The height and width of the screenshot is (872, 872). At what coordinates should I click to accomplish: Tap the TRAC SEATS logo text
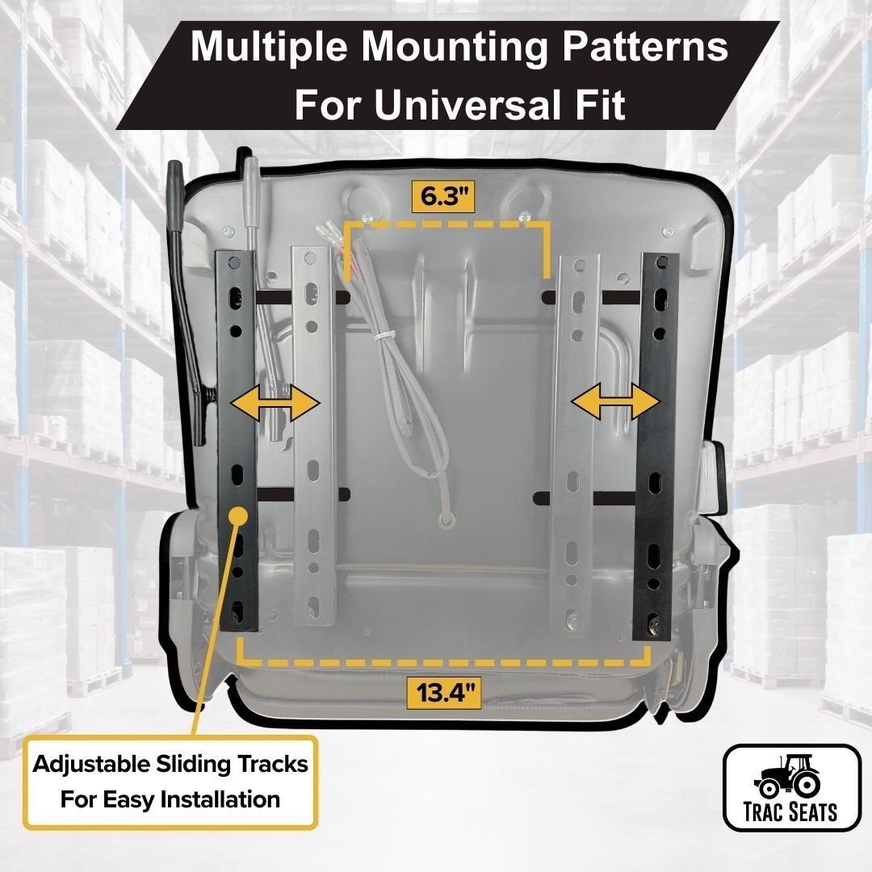(x=790, y=811)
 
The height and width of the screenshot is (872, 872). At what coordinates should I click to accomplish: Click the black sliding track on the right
(x=660, y=444)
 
